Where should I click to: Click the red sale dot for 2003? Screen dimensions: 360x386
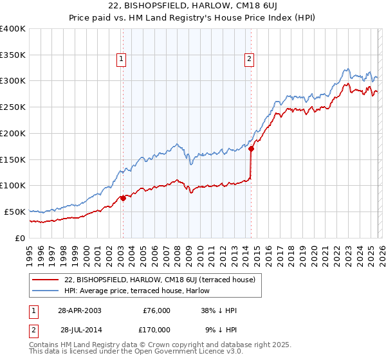coord(123,198)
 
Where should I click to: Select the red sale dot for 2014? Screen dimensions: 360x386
coord(252,149)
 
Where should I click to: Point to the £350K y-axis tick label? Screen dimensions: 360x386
coord(13,55)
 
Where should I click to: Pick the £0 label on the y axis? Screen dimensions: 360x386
coord(21,238)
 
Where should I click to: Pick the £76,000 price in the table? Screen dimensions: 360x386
coord(156,310)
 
